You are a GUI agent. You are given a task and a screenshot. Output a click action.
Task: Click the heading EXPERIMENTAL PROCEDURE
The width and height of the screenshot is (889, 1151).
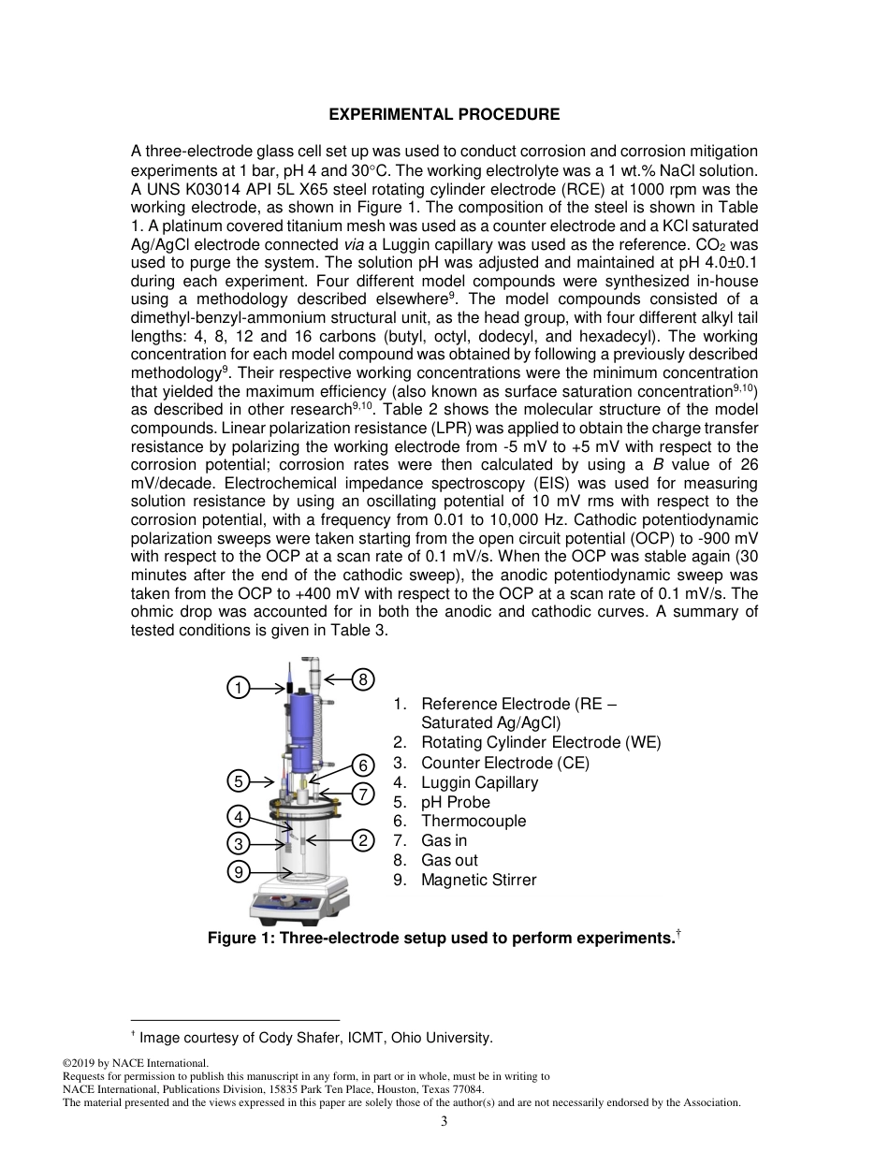444,115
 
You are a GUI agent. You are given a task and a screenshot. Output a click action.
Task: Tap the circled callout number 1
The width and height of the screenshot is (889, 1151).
239,688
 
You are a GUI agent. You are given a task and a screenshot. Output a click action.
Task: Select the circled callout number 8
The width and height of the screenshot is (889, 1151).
363,679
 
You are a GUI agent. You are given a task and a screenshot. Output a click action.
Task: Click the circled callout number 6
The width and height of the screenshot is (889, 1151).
363,765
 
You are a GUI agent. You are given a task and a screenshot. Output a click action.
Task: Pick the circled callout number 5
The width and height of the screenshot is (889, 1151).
239,780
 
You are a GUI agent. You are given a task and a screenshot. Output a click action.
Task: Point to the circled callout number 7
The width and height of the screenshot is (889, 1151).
363,794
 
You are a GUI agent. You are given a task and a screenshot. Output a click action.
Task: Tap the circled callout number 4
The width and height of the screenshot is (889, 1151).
239,816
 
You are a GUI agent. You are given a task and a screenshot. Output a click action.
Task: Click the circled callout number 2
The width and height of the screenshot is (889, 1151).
363,839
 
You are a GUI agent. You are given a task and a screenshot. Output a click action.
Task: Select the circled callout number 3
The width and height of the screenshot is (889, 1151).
239,843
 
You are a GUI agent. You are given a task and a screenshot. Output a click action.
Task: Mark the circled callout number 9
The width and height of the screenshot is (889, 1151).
239,872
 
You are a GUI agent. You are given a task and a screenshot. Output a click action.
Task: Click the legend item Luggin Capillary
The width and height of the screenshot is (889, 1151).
479,782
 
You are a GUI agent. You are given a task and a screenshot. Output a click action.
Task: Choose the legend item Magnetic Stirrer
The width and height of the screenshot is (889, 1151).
478,880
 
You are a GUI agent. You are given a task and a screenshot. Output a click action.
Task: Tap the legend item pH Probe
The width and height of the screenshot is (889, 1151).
455,802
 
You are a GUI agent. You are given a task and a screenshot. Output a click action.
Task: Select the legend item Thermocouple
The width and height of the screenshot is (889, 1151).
474,821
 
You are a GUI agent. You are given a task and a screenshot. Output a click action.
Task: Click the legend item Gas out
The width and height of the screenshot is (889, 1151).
449,860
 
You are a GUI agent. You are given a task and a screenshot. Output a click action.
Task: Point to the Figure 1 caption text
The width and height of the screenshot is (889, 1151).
441,938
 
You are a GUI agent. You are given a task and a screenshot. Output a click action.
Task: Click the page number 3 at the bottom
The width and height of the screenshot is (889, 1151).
444,1121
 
